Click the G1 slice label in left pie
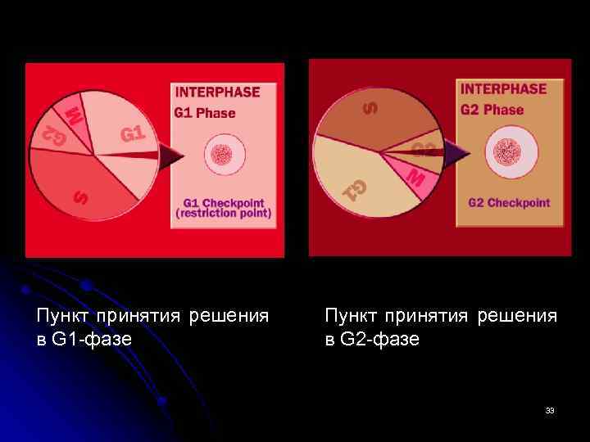point(134,133)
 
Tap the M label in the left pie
point(74,115)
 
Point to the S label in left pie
point(80,197)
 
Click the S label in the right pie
point(371,107)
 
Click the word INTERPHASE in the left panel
point(218,92)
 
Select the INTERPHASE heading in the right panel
point(503,89)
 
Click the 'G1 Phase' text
point(205,113)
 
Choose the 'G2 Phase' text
point(492,110)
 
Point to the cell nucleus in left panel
point(222,156)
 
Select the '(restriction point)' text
point(223,213)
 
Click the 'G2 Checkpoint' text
point(508,202)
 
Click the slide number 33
point(550,410)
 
